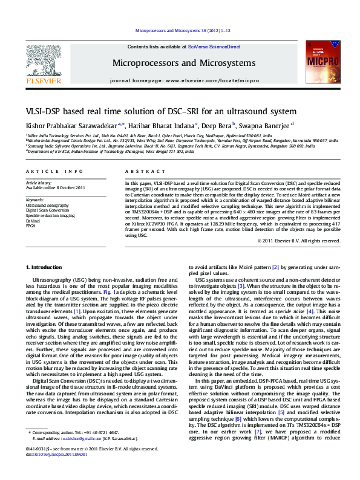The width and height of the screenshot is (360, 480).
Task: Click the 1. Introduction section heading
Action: click(45, 267)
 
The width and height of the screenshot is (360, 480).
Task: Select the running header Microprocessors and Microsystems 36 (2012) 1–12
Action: click(180, 30)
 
